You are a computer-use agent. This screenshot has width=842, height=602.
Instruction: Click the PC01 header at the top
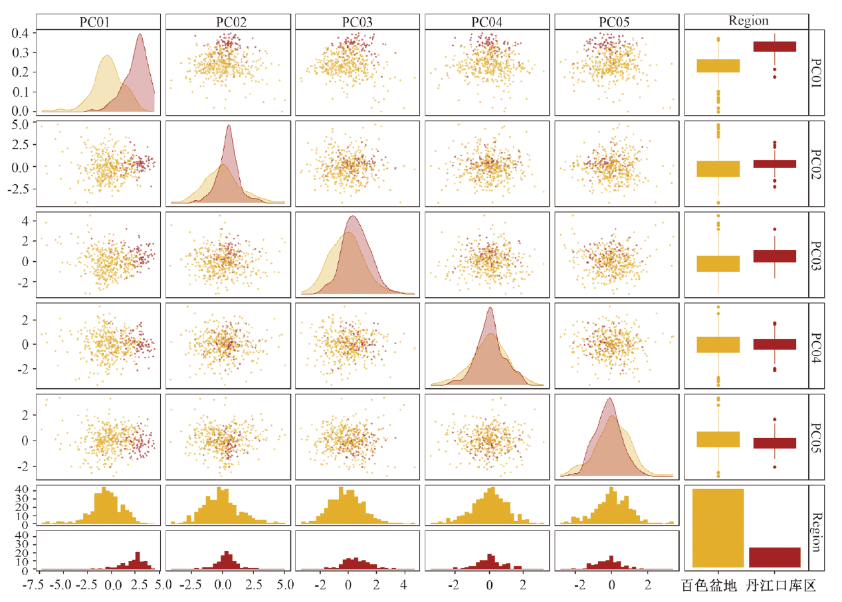pyautogui.click(x=98, y=21)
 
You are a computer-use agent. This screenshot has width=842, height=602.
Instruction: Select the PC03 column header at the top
pyautogui.click(x=358, y=21)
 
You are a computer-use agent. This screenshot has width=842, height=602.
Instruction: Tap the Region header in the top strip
pyautogui.click(x=748, y=21)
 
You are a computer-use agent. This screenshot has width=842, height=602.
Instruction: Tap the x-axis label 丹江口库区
pyautogui.click(x=780, y=586)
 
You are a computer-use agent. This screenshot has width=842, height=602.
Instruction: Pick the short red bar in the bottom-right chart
pyautogui.click(x=774, y=557)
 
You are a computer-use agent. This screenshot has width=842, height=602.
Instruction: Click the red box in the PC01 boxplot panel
pyautogui.click(x=774, y=47)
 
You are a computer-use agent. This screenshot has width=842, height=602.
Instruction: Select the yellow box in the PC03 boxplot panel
pyautogui.click(x=718, y=264)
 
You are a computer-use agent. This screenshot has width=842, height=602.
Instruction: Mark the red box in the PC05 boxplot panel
pyautogui.click(x=774, y=443)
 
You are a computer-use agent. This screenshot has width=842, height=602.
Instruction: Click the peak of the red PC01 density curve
pyautogui.click(x=140, y=35)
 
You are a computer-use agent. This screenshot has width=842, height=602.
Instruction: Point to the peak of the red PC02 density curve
pyautogui.click(x=229, y=126)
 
